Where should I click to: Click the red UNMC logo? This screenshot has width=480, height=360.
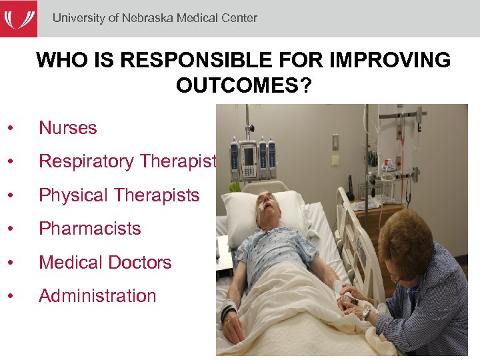click(19, 19)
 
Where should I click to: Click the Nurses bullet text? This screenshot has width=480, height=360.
click(67, 128)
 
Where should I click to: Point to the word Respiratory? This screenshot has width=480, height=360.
click(86, 161)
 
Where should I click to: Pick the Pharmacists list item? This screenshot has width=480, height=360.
click(89, 229)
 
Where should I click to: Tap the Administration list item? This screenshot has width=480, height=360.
click(97, 295)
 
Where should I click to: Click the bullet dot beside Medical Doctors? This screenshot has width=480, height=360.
click(11, 263)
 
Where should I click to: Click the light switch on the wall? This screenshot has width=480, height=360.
click(335, 160)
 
